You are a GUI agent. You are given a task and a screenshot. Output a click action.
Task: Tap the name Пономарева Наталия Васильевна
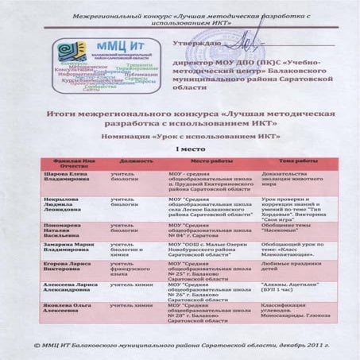(x=60, y=230)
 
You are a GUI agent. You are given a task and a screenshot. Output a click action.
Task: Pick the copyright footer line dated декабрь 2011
(x=179, y=346)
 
